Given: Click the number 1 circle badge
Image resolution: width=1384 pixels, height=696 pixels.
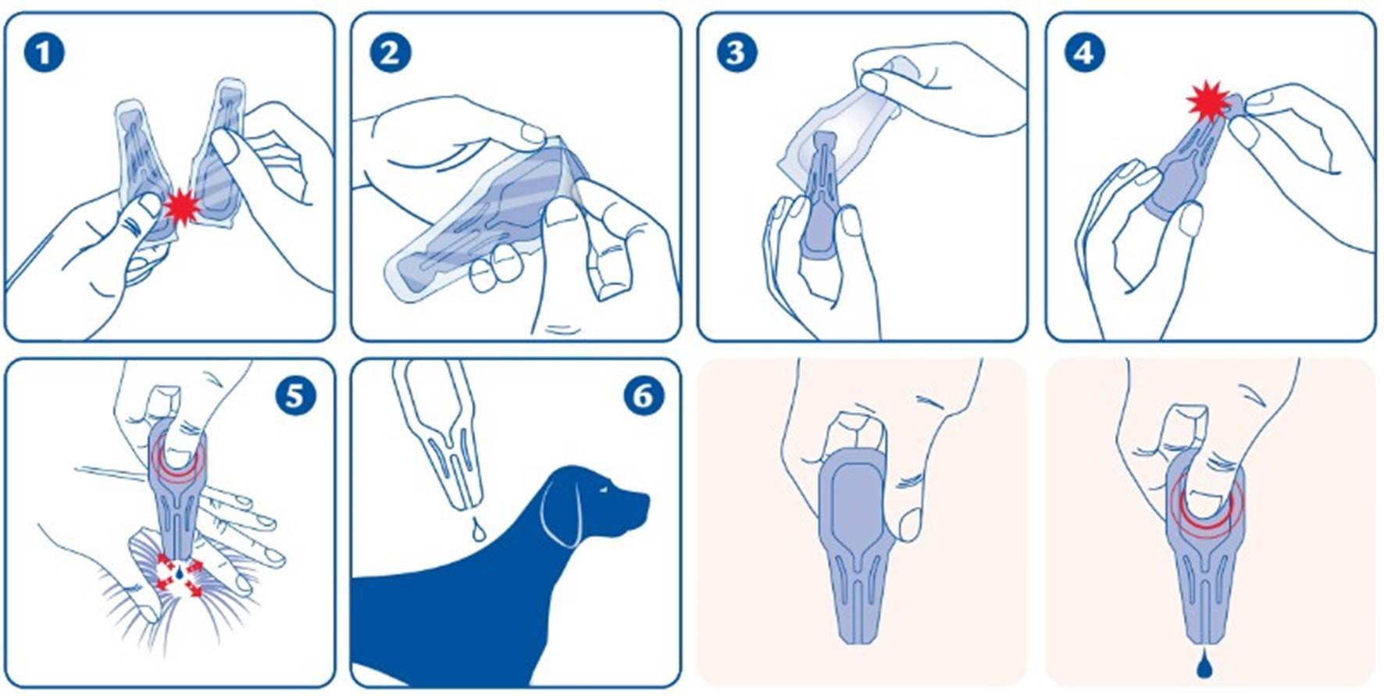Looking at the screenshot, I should pos(43,53).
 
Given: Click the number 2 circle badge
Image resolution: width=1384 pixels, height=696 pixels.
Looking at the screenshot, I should pos(390,53).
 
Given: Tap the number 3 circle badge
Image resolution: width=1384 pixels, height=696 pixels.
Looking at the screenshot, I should pos(736,53).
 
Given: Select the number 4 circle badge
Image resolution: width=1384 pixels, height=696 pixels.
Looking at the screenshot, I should pos(1084,53).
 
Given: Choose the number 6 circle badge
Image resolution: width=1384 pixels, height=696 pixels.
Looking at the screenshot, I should pos(642,396).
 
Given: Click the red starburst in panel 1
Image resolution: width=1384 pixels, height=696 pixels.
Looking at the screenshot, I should pos(183,205).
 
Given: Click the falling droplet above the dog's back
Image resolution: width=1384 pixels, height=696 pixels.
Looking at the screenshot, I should pos(477,530).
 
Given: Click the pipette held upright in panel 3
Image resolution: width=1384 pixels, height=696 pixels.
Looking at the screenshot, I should pos(822,195).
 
